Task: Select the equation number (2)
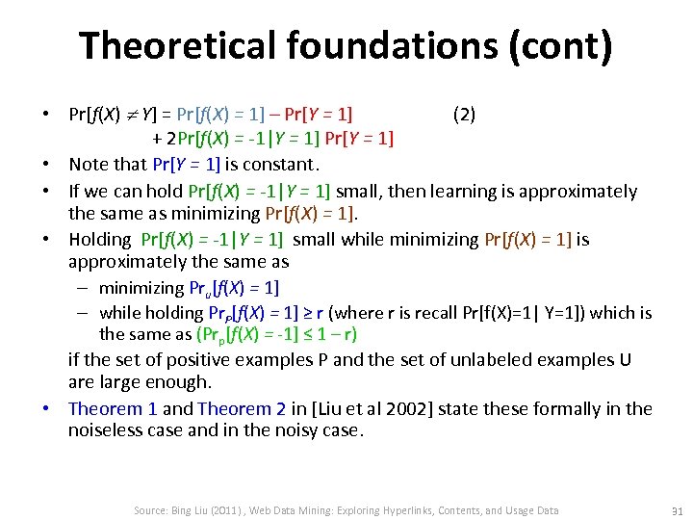463,116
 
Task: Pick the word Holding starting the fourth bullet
99,239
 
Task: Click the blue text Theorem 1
113,408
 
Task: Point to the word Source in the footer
152,510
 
